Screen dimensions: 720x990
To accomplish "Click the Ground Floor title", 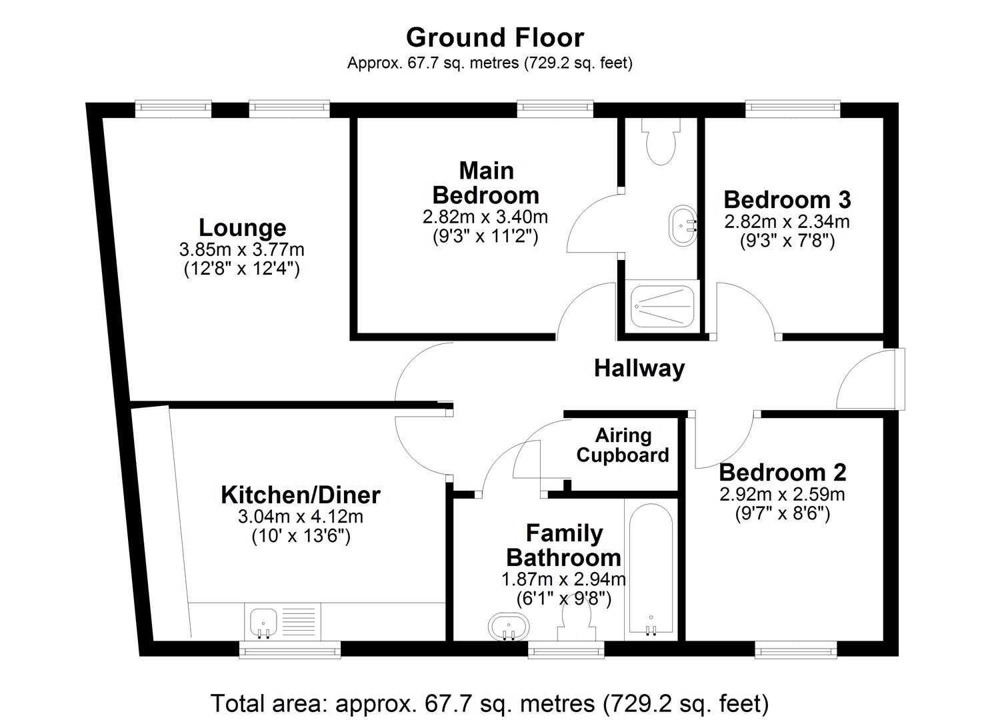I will (x=495, y=37).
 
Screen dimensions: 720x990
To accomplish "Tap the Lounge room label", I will (x=242, y=228).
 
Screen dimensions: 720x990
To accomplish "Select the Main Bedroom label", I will (x=486, y=183).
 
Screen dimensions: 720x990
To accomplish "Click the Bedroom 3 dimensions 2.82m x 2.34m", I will (x=787, y=221).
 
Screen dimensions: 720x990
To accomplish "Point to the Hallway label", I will (x=639, y=368).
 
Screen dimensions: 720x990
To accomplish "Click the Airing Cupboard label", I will (x=623, y=445).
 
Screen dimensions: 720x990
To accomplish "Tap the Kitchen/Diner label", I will (x=300, y=495).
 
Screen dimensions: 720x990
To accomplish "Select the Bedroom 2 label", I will (x=782, y=472).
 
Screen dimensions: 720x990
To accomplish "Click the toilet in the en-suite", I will (x=661, y=142).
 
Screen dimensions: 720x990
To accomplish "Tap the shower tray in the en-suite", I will (x=663, y=306).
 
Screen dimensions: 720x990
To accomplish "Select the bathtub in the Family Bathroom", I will (x=650, y=571).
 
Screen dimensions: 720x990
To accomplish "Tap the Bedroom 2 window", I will (x=795, y=649).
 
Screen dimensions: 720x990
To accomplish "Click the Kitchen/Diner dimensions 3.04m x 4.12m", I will (x=300, y=517).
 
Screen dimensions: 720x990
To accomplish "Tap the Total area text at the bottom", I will (x=490, y=703).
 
